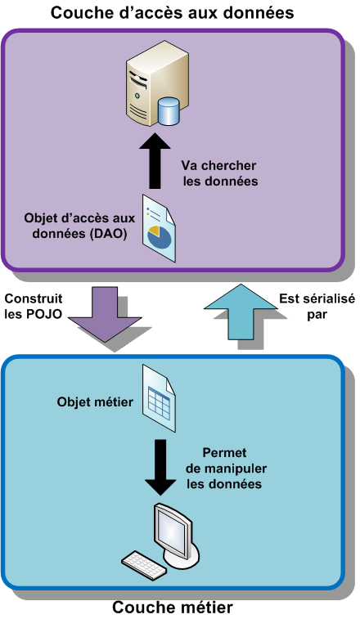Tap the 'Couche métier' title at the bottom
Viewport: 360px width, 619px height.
click(173, 607)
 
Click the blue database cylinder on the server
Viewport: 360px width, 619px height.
click(169, 111)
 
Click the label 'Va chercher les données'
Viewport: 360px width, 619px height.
click(219, 173)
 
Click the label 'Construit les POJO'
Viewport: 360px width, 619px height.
click(33, 307)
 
